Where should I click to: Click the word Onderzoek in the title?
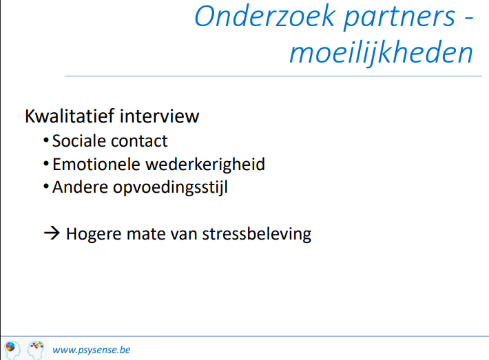264,17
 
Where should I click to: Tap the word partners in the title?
400,18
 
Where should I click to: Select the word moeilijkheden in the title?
381,54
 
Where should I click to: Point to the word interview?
159,116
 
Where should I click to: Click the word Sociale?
79,141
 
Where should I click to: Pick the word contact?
139,141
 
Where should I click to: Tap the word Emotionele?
96,165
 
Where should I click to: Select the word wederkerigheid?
205,165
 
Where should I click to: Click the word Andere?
80,187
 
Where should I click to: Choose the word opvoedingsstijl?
170,188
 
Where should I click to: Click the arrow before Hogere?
52,233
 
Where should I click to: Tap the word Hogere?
94,235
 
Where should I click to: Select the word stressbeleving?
257,235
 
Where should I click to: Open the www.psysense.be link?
92,350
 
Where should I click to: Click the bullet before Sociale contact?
46,140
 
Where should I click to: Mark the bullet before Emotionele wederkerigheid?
46,163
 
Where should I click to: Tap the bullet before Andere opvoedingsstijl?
46,187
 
